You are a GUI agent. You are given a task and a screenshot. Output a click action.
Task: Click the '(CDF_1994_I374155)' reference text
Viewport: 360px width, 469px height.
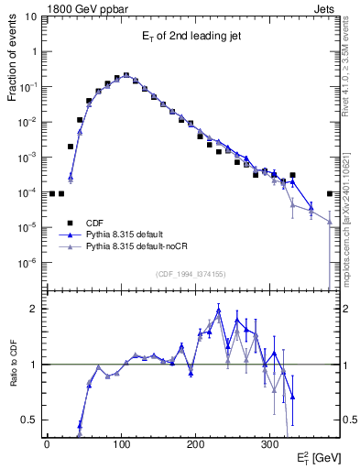[x=191, y=274]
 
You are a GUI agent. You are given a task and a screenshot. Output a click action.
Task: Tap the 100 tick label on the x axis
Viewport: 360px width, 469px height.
[x=121, y=443]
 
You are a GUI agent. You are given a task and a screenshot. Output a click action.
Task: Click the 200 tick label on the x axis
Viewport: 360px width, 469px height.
[x=195, y=443]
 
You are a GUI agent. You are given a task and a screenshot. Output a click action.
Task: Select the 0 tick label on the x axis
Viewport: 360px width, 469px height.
[x=47, y=443]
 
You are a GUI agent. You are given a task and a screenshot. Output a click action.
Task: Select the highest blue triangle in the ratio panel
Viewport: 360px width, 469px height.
[x=219, y=309]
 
